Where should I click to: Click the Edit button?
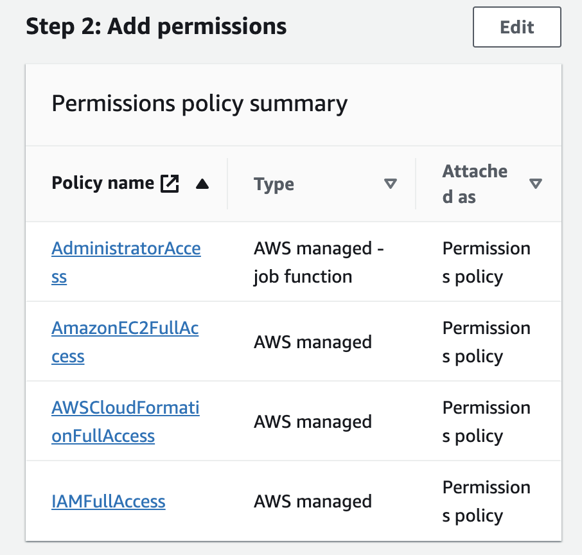pos(516,27)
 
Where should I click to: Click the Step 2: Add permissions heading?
pos(156,27)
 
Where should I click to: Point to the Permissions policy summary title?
pos(199,103)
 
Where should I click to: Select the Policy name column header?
pos(103,184)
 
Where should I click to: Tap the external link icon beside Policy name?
pos(170,184)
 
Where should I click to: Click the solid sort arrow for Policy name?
pos(202,184)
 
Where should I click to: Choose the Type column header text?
pos(274,184)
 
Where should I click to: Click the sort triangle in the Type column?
pos(390,184)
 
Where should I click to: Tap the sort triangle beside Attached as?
pos(535,184)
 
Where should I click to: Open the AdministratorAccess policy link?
pos(126,249)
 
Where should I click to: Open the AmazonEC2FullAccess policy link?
pos(125,329)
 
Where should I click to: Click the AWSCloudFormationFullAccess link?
pos(125,409)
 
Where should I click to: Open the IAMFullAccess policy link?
pos(109,501)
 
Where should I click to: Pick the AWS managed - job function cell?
pos(319,263)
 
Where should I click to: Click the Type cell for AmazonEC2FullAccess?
pos(313,342)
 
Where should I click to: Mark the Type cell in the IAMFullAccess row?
pos(313,501)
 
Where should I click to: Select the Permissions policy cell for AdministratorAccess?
pos(486,263)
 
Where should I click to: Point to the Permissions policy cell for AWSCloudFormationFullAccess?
pos(486,422)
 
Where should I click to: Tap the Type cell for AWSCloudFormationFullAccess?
pos(313,422)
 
